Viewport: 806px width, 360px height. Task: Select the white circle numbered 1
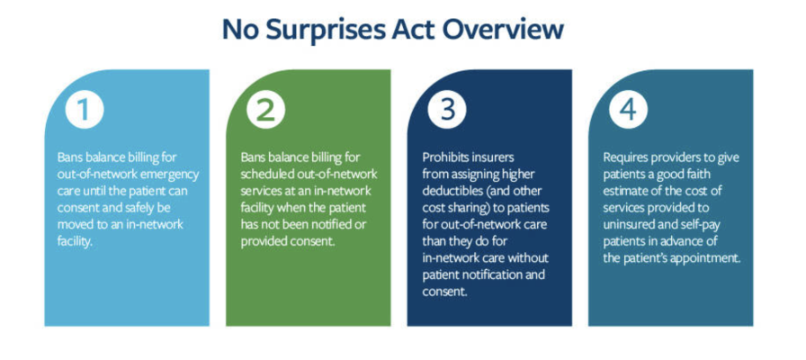(85, 111)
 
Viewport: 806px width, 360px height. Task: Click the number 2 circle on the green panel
(265, 111)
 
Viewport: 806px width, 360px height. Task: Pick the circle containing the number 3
(447, 111)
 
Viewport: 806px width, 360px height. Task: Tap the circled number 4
(628, 111)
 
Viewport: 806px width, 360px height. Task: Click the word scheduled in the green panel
(264, 175)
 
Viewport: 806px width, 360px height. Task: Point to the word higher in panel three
(516, 175)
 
